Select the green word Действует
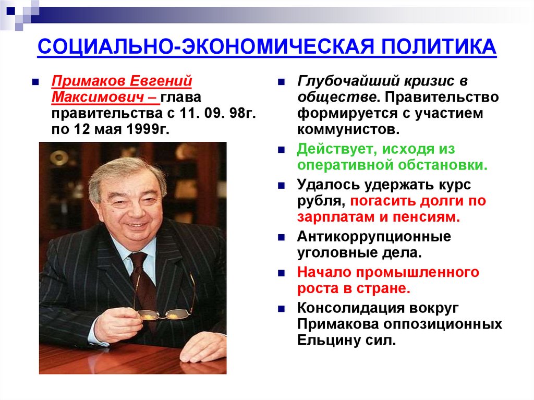332,149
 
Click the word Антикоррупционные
374,237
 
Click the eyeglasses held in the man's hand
163,313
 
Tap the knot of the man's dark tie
138,259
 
